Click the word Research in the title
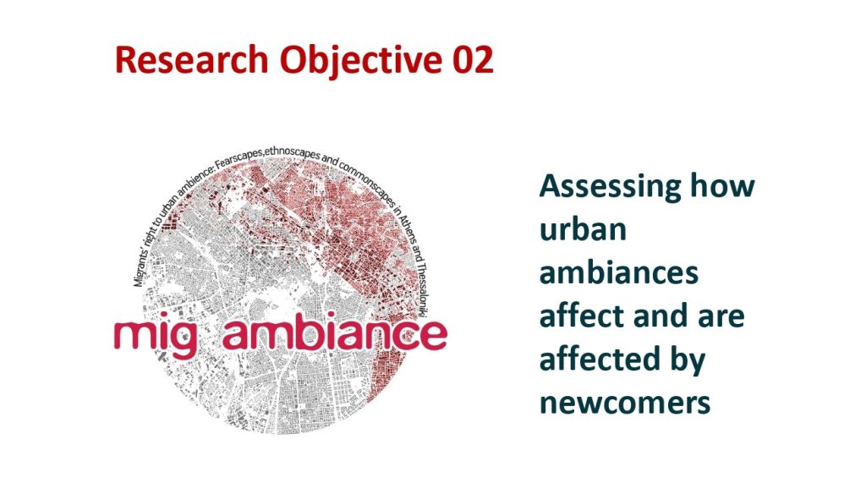tap(192, 60)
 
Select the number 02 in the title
tap(473, 60)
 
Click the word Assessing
tap(611, 188)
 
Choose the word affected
tap(600, 358)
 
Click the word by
tap(688, 360)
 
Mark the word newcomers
tap(625, 404)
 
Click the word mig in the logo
tap(156, 335)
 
